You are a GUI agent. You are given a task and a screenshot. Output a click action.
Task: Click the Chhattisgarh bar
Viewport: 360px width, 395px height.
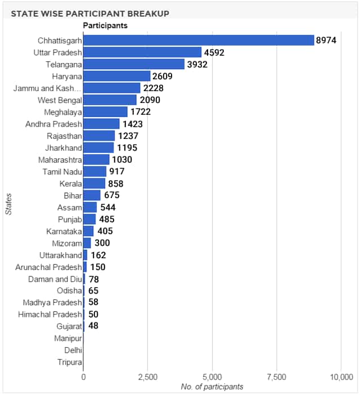(x=199, y=41)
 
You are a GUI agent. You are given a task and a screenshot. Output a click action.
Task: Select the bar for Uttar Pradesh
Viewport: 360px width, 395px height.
(x=142, y=52)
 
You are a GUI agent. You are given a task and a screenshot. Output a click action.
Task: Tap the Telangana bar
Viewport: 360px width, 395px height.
(x=134, y=64)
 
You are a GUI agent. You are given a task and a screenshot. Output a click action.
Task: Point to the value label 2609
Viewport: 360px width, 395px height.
(x=163, y=76)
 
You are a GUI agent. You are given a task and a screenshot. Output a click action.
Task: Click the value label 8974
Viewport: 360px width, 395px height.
(x=326, y=41)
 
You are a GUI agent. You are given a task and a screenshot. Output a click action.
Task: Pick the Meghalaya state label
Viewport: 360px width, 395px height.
(x=63, y=113)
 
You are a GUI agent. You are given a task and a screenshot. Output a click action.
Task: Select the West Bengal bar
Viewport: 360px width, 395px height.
(x=110, y=100)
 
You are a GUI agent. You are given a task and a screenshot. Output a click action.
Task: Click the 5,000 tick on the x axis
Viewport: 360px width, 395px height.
(x=212, y=377)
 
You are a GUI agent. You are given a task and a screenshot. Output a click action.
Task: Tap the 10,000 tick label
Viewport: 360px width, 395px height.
(x=341, y=377)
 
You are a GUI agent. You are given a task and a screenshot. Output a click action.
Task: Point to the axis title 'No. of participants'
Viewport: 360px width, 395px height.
(x=212, y=387)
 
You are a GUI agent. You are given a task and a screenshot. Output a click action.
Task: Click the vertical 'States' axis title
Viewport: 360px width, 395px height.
(x=8, y=204)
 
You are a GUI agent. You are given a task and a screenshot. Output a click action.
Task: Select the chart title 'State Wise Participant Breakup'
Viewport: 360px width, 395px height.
(x=90, y=14)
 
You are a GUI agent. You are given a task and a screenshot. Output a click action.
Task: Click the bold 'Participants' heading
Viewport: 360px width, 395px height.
(x=105, y=25)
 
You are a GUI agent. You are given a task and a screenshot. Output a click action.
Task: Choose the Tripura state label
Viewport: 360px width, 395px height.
(x=70, y=362)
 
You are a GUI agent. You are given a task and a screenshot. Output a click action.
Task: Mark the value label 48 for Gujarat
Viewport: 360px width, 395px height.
(x=93, y=326)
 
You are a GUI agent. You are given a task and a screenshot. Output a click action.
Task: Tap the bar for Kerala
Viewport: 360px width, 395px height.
(x=94, y=183)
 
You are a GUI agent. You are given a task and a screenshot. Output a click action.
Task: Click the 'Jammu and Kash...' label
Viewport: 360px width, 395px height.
(x=47, y=88)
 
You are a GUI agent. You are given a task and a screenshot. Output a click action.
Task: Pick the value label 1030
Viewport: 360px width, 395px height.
(x=122, y=159)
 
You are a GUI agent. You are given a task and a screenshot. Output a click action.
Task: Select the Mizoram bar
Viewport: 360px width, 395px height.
(x=87, y=243)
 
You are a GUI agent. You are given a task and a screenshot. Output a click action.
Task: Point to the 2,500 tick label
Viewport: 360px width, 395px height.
(x=148, y=377)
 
